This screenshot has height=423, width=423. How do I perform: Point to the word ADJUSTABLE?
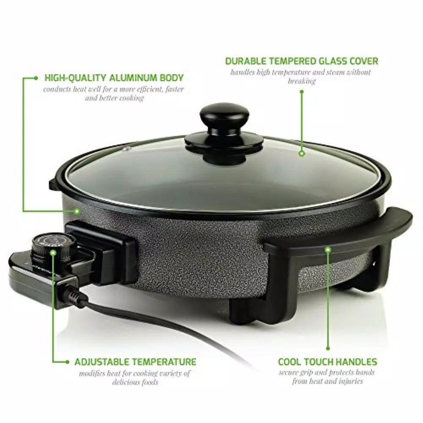(102, 362)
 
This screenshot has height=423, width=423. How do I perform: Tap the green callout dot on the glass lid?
(302, 154)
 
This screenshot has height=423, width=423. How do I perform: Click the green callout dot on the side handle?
(328, 250)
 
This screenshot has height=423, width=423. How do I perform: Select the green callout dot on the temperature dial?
(53, 253)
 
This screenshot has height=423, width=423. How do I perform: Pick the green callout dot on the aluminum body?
(77, 211)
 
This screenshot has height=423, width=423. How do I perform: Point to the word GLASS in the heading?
(333, 61)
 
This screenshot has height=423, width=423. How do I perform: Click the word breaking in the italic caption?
(302, 81)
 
